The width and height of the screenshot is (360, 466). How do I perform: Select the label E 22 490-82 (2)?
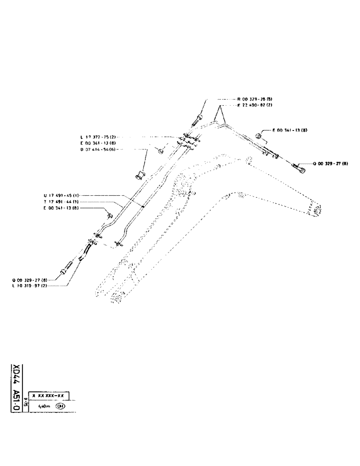[255, 105]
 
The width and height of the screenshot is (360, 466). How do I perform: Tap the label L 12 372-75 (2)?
[99, 137]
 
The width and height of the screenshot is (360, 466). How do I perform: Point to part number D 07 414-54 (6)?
[99, 149]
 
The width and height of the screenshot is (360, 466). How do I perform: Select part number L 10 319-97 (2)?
[30, 286]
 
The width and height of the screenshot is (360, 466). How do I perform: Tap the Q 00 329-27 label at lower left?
[30, 280]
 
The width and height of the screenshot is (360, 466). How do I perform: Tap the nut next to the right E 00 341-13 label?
[259, 136]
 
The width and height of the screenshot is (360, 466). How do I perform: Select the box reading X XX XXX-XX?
[49, 396]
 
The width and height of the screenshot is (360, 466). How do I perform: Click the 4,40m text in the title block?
[45, 405]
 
